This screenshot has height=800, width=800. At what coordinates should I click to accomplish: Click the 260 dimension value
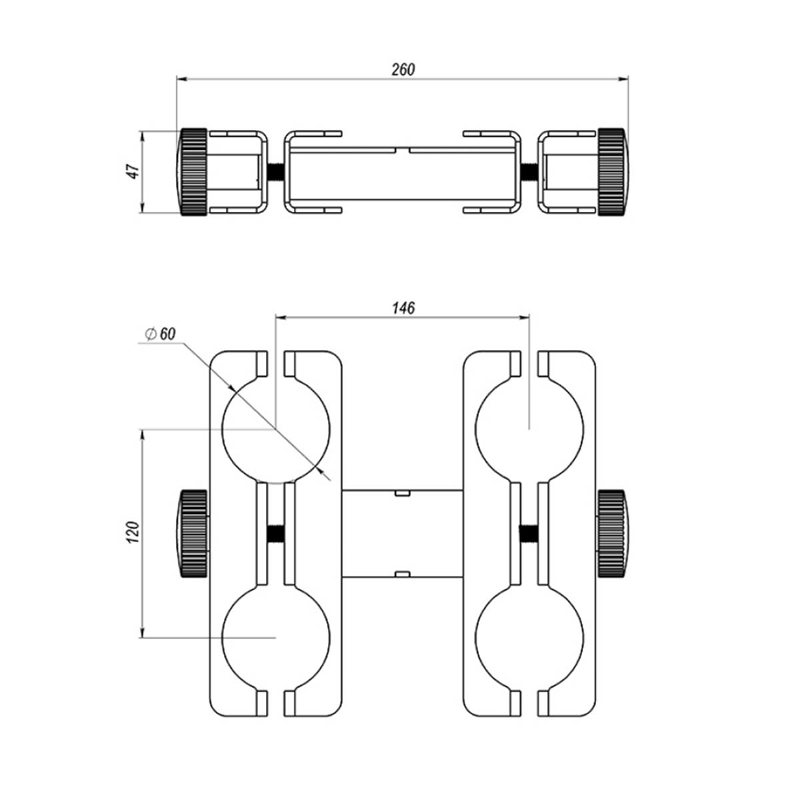pyautogui.click(x=403, y=69)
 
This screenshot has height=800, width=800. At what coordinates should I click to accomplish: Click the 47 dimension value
pyautogui.click(x=134, y=171)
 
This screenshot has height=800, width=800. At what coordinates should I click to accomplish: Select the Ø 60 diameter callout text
pyautogui.click(x=160, y=334)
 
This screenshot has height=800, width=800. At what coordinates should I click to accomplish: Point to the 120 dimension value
pyautogui.click(x=133, y=533)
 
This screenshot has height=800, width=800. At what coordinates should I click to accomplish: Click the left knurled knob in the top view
pyautogui.click(x=193, y=171)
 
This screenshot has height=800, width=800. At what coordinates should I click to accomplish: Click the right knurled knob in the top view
pyautogui.click(x=613, y=171)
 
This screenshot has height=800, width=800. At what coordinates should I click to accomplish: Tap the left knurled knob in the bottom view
pyautogui.click(x=193, y=533)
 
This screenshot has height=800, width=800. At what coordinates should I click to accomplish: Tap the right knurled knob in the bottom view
pyautogui.click(x=613, y=533)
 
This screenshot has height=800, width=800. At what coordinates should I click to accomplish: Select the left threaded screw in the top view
pyautogui.click(x=275, y=171)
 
